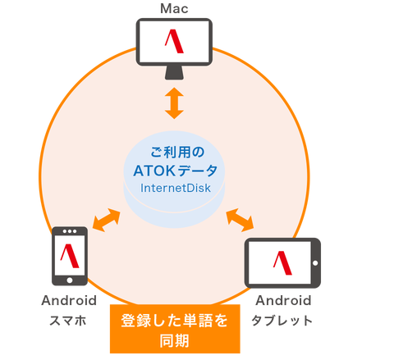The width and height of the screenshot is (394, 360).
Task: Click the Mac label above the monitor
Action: tap(174, 8)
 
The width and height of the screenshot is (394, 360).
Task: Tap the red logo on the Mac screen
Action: tap(174, 41)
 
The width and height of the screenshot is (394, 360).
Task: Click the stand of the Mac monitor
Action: tap(174, 73)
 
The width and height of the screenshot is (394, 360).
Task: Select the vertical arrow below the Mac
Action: tap(174, 103)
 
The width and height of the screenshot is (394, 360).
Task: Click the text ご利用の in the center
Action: tap(177, 153)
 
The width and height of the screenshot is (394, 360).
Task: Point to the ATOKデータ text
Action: tap(176, 171)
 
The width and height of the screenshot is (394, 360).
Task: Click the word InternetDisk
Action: tap(176, 188)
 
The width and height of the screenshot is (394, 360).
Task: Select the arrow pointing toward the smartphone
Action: tap(107, 220)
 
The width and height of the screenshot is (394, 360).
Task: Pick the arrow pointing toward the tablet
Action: tap(240, 220)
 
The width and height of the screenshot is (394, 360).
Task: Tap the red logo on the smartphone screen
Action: tap(70, 256)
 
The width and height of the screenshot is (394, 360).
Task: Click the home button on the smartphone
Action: tap(70, 280)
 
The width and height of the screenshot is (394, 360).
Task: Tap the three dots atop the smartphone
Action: tap(70, 231)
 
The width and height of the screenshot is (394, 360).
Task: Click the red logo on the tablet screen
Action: tap(282, 263)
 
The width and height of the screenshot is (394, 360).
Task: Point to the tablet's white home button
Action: tap(315, 263)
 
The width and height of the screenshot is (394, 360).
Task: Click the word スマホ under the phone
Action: tap(68, 321)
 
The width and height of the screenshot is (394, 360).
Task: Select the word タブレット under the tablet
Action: tap(282, 321)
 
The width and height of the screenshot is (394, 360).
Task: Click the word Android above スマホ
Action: tap(69, 301)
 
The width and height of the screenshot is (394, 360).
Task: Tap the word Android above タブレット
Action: tap(283, 301)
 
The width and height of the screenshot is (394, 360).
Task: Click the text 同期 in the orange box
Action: tap(175, 341)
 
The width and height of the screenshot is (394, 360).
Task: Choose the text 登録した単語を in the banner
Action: tap(175, 321)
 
